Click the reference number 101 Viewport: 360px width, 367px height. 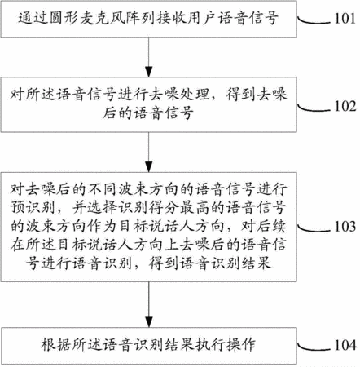click(345, 19)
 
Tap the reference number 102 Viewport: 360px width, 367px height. click(345, 106)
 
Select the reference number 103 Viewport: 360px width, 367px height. click(345, 226)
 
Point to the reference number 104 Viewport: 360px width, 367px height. click(345, 345)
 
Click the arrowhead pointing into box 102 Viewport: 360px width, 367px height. click(149, 73)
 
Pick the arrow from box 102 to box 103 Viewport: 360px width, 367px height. click(149, 153)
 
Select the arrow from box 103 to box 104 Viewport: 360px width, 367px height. click(149, 304)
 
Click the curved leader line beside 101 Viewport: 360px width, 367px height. click(314, 21)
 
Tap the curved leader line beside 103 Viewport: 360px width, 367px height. click(314, 229)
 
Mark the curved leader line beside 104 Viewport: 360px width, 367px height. click(314, 347)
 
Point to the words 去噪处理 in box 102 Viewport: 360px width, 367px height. click(179, 95)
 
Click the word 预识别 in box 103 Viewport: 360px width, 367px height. click(33, 208)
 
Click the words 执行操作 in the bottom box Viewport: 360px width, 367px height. click(225, 345)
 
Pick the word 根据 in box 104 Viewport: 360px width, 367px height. click(56, 345)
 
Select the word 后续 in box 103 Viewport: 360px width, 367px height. click(271, 226)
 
